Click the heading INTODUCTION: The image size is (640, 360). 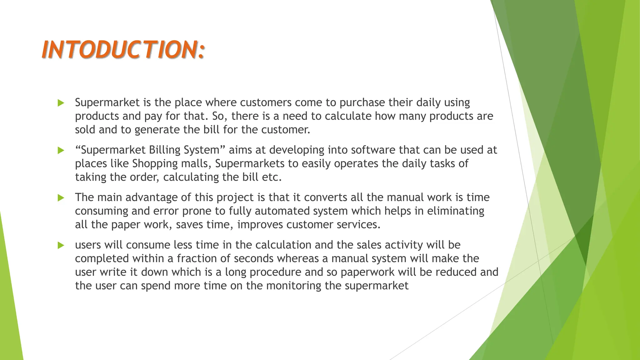[x=123, y=49]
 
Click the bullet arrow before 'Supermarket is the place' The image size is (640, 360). [x=61, y=103]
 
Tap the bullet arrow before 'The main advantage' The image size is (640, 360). [x=61, y=198]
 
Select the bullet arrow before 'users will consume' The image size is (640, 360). [x=61, y=245]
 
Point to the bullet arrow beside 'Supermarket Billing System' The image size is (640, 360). [x=61, y=151]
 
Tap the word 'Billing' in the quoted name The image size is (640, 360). [x=165, y=150]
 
